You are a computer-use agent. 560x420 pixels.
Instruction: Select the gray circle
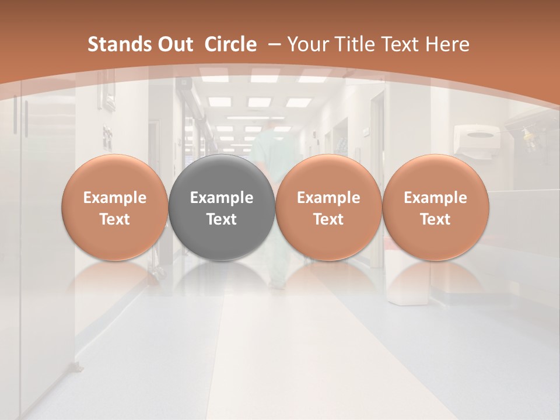[x=222, y=208]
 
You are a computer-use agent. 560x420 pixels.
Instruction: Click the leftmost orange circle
[x=115, y=208]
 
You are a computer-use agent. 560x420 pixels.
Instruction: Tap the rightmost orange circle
[x=435, y=208]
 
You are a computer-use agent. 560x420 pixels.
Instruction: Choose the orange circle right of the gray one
[x=328, y=208]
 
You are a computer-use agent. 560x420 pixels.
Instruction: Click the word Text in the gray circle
[x=222, y=219]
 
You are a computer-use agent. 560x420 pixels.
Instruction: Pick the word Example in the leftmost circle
[x=115, y=198]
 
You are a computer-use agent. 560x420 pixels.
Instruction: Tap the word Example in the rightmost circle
[x=435, y=198]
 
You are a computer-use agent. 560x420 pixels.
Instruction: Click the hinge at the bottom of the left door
[x=76, y=367]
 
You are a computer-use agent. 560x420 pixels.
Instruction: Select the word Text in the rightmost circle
[x=435, y=219]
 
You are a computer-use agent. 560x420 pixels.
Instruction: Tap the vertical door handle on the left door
[x=26, y=117]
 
